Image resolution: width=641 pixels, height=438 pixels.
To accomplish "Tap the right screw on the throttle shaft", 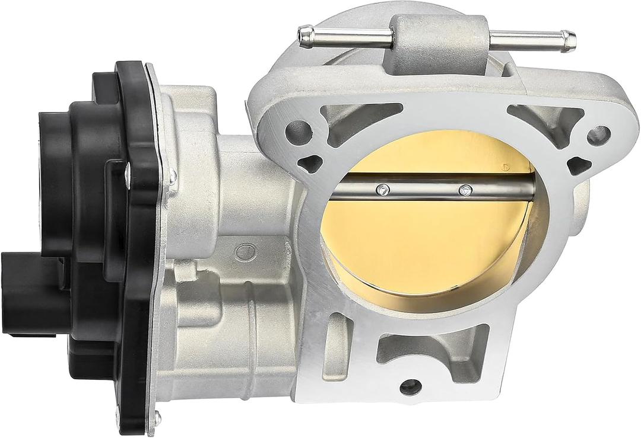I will (467, 190).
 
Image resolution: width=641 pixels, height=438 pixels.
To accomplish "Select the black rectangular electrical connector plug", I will (24, 284).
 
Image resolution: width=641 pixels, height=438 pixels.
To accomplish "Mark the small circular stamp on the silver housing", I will (242, 252).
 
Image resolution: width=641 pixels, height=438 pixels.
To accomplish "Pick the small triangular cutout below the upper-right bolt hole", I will (579, 165).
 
